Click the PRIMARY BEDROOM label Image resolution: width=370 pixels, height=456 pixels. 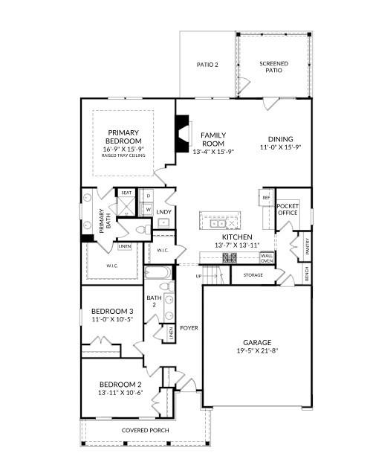point(123,137)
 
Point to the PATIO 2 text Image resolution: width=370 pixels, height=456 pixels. point(207,65)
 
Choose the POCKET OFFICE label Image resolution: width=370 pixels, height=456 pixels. point(287,209)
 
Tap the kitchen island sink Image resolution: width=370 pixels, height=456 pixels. point(218,222)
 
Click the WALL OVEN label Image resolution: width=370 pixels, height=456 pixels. point(267,258)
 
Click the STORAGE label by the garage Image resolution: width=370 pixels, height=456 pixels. point(253,275)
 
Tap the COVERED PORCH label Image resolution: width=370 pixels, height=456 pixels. point(145,431)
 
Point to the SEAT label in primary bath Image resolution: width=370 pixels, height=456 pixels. point(126,193)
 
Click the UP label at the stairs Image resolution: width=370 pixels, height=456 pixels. point(198,276)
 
